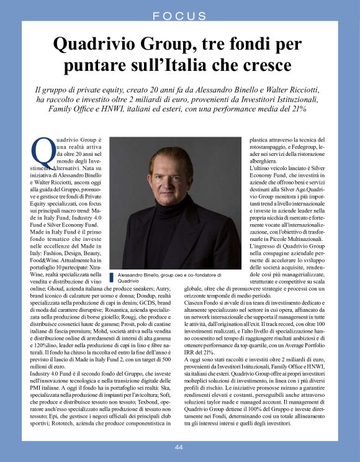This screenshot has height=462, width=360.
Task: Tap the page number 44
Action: pyautogui.click(x=179, y=447)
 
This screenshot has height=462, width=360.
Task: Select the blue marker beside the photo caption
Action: pyautogui.click(x=113, y=277)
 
